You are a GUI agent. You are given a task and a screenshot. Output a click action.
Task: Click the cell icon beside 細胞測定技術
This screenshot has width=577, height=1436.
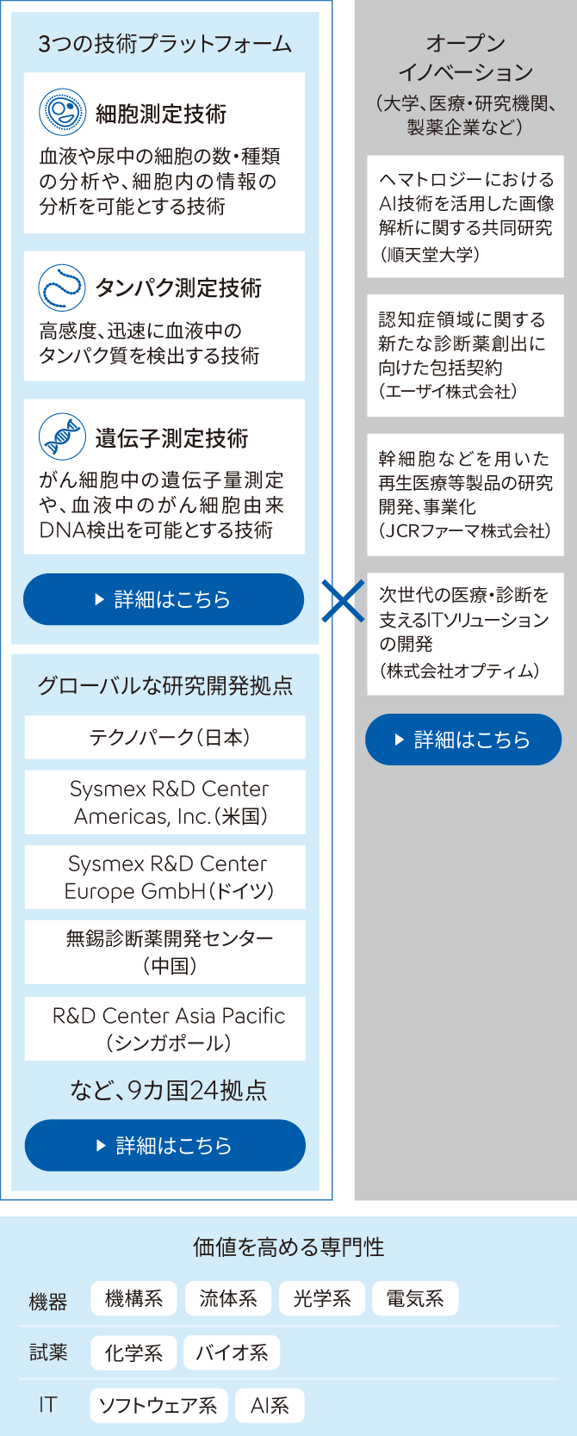[x=62, y=112]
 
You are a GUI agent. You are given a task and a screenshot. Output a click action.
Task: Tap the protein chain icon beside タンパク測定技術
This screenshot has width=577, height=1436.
[x=62, y=288]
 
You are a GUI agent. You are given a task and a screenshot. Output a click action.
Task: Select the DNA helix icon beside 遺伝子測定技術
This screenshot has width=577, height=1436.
[x=62, y=436]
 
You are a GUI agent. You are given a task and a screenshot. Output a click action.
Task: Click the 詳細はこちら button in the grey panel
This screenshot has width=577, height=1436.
[x=463, y=740]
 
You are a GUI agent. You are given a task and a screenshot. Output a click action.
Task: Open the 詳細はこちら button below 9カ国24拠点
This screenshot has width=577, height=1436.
[x=164, y=1145]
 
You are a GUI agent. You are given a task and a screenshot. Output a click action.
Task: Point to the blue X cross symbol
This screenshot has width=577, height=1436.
[x=343, y=601]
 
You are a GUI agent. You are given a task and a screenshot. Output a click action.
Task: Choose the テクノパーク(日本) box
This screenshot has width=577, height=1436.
[x=164, y=737]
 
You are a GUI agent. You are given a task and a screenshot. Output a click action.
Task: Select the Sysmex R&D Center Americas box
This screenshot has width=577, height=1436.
[x=164, y=802]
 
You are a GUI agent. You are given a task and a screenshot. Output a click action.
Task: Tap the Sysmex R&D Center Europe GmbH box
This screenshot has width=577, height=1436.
[x=164, y=877]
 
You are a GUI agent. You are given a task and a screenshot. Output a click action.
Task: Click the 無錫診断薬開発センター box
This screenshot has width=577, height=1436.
[x=164, y=952]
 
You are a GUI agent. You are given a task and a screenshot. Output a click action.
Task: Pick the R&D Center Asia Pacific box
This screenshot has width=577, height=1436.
[x=164, y=1028]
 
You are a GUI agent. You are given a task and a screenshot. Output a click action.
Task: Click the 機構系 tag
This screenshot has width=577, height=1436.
[x=133, y=1298]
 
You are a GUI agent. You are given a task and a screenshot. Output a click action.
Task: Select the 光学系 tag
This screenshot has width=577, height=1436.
[x=322, y=1298]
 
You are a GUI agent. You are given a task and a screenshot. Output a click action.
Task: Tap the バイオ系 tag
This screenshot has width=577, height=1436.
[x=232, y=1352]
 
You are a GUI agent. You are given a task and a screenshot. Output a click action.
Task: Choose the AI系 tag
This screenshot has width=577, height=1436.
[x=270, y=1405]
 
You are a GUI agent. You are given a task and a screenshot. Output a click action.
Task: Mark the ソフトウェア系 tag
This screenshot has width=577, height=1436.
[x=158, y=1405]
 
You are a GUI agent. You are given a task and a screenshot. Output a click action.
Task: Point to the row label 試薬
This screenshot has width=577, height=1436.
[x=48, y=1352]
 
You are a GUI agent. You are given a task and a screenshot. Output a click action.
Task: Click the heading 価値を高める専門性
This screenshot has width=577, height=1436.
[x=288, y=1247]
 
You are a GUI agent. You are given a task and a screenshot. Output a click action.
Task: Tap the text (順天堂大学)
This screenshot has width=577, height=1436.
[x=431, y=255]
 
